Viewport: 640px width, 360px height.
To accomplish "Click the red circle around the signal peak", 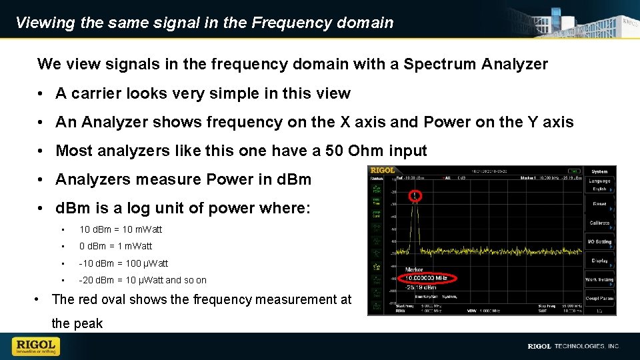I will (415, 195).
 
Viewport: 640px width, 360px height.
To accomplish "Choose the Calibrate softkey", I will (599, 223).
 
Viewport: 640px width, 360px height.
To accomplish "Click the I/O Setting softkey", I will (599, 241).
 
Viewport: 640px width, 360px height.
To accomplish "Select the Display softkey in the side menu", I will (599, 261).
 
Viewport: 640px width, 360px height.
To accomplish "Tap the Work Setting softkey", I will (599, 279).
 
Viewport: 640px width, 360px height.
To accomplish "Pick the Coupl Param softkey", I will (599, 298).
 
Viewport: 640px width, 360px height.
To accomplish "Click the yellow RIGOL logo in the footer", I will (36, 346).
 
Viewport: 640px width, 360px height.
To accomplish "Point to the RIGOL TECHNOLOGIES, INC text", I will (573, 346).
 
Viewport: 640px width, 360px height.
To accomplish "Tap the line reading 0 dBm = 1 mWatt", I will (115, 246).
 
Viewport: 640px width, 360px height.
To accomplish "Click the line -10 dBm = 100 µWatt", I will (123, 263).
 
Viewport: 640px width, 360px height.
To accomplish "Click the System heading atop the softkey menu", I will (599, 171).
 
